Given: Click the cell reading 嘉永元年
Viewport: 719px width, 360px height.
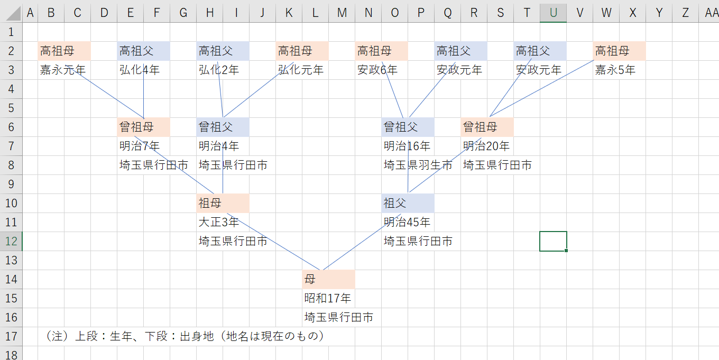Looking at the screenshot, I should [x=62, y=70].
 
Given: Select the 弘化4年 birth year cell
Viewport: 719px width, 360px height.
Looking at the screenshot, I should [x=139, y=70].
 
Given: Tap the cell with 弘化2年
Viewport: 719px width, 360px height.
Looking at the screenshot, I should [x=218, y=70].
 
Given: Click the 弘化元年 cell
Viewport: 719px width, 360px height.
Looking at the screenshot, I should [x=300, y=70].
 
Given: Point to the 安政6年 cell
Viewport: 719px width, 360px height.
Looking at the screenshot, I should [x=377, y=70].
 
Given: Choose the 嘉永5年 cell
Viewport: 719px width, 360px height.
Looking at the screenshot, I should [x=615, y=70].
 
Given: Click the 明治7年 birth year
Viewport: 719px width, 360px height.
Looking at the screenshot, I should [x=139, y=146].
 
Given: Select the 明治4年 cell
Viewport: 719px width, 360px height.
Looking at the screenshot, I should [x=218, y=146].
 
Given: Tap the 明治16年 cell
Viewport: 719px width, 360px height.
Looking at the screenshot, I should [x=407, y=146].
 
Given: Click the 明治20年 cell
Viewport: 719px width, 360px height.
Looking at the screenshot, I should [x=486, y=146].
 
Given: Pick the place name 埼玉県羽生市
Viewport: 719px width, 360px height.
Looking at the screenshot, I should [x=418, y=165].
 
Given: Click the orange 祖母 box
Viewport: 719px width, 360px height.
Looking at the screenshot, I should [x=223, y=203].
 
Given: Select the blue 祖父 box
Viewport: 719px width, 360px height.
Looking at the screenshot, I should [x=408, y=203].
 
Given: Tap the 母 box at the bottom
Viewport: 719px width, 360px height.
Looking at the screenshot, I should [x=328, y=279].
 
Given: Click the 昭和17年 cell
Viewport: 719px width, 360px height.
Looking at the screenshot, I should [x=327, y=298].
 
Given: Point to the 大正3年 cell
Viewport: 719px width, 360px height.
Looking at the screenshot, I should [x=218, y=222].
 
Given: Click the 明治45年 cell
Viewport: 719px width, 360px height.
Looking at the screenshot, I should [x=407, y=222].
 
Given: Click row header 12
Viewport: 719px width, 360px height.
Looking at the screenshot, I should [x=11, y=241].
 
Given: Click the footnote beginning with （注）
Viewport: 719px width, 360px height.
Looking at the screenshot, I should [x=185, y=336].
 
